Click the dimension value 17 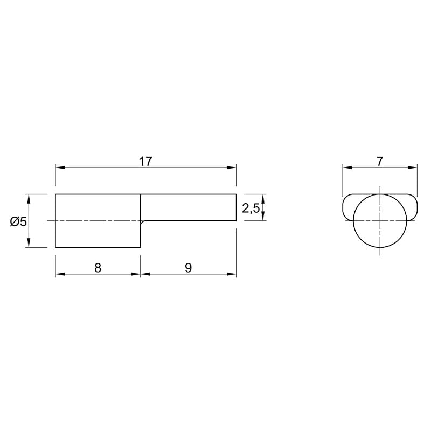145,162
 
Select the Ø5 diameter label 18,221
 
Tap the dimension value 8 98,268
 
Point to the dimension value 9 188,268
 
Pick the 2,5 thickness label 251,208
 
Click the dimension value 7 380,162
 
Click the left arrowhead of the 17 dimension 60,168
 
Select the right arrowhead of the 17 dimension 232,168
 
